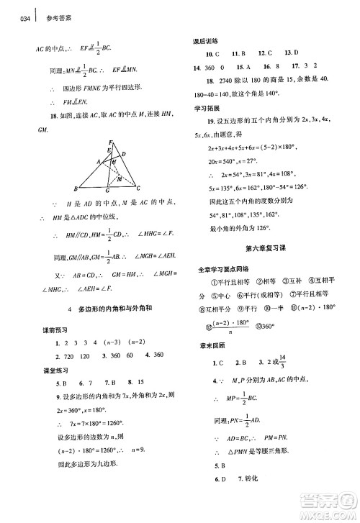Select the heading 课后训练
point(209,42)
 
